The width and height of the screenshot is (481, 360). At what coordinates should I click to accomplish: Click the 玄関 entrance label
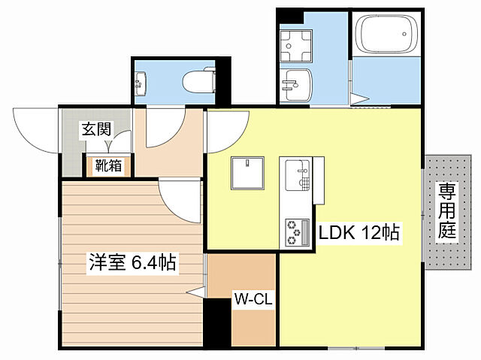click(x=96, y=129)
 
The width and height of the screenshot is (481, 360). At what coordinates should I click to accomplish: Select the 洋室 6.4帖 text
click(x=132, y=263)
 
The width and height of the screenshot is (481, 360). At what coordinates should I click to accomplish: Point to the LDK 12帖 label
click(x=358, y=234)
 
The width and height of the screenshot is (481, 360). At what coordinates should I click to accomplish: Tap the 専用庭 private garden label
click(x=448, y=210)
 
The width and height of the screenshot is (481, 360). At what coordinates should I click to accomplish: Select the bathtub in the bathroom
click(x=384, y=34)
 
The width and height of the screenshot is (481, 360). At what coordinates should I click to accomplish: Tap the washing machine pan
click(x=298, y=45)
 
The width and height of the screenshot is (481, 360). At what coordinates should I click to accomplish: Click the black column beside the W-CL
click(x=218, y=322)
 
